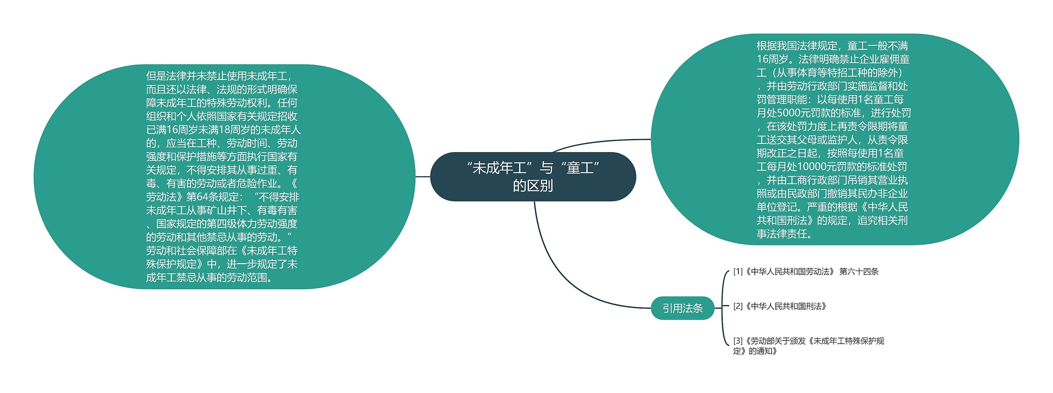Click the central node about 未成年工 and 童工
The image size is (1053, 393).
tap(533, 176)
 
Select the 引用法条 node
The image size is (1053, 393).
tap(682, 308)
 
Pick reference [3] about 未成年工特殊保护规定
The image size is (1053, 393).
tap(808, 345)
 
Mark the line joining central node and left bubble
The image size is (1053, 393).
tap(422, 177)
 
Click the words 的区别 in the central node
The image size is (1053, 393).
tap(533, 186)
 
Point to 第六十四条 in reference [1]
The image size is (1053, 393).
tap(859, 271)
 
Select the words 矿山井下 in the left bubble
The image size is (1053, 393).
tap(222, 210)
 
